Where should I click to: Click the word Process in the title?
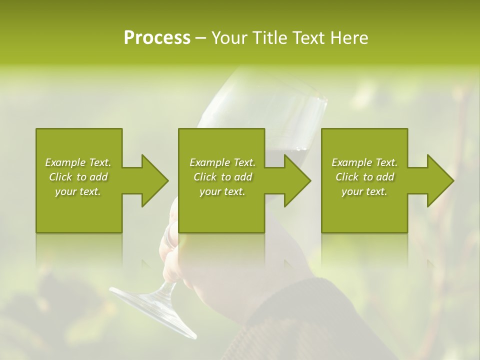tap(157, 38)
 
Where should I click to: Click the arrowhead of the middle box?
tap(296, 180)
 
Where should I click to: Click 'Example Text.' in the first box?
tap(78, 162)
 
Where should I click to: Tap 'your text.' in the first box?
tap(78, 191)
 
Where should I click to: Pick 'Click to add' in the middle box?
tap(222, 177)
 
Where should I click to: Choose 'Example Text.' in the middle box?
tap(222, 162)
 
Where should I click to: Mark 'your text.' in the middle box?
tap(222, 191)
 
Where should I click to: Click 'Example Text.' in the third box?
tap(364, 162)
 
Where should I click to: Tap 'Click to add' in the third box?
tap(364, 177)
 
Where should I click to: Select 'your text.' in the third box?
tap(364, 191)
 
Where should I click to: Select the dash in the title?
tap(200, 38)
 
